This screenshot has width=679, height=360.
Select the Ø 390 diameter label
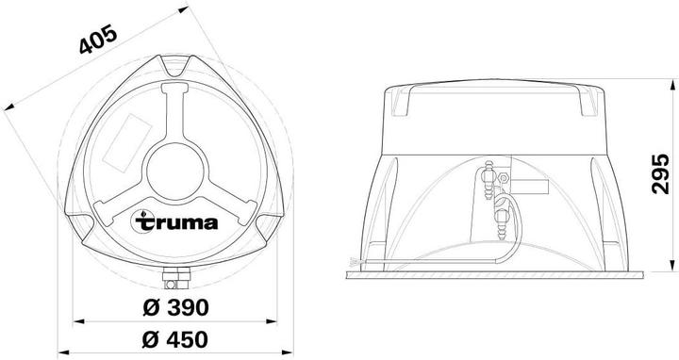point(176,307)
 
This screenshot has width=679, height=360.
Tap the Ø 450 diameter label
point(176,338)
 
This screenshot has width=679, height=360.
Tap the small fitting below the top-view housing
point(175,279)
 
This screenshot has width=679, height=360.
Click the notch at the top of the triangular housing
point(175,69)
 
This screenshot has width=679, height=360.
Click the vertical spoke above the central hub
point(175,109)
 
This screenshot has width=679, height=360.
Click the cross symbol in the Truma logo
point(141,225)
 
